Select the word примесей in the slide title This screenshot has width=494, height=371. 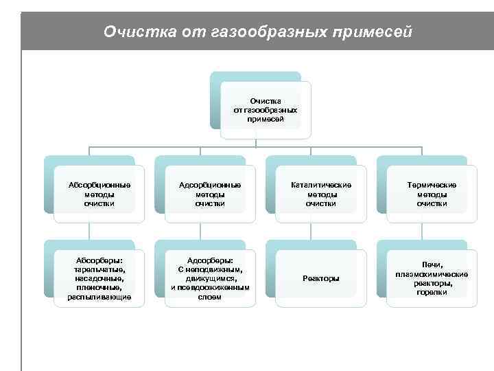pos(369,32)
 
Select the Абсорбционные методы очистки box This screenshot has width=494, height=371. pos(99,194)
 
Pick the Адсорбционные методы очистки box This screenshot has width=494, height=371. pos(210,194)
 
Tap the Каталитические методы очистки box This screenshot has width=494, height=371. pos(321,194)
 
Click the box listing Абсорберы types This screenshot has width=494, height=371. pos(99,278)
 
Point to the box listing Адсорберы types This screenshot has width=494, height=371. pos(210,278)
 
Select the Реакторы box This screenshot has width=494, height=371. pos(321,278)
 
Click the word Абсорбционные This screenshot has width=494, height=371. pos(99,185)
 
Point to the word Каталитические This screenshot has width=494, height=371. pos(321,185)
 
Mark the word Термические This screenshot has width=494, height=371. pos(432,185)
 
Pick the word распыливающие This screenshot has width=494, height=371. pos(99,297)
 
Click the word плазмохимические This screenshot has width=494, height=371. pos(432,274)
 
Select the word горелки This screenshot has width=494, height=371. pos(432,292)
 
